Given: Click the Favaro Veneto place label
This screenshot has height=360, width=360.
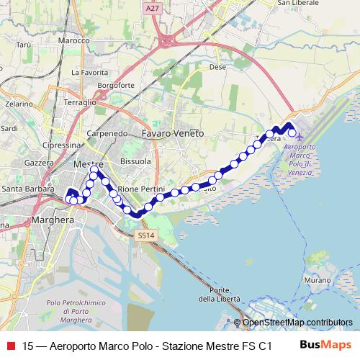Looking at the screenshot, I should point(173,134).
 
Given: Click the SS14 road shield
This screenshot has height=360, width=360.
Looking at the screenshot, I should point(146,235).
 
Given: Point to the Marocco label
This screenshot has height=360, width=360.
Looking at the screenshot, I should point(76,41).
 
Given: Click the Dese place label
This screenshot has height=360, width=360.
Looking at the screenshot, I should point(216,67).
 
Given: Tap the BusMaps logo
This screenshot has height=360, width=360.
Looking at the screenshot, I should point(325,345).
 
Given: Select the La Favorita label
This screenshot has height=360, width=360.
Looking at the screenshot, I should point(89,73).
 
